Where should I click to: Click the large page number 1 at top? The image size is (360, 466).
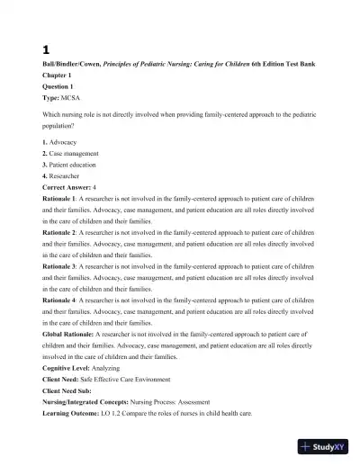pyautogui.click(x=46, y=50)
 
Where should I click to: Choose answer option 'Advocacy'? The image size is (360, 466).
pyautogui.click(x=63, y=143)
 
